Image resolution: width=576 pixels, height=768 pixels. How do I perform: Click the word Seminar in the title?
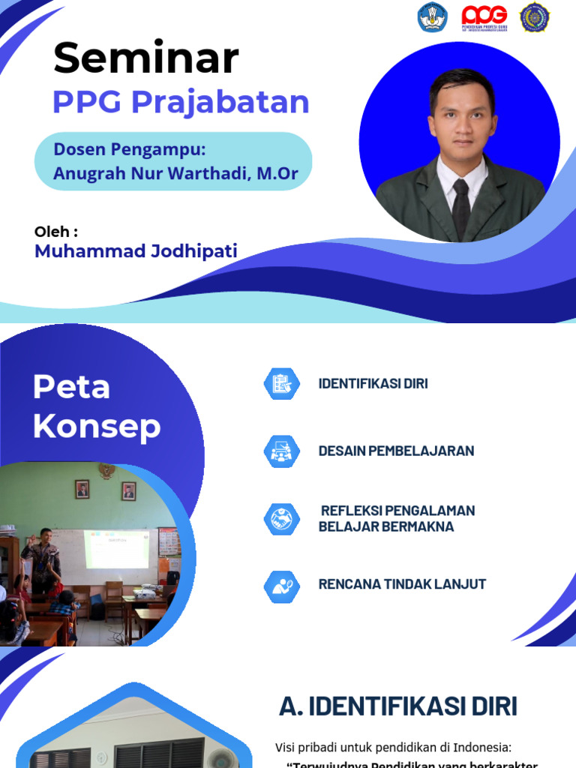146,58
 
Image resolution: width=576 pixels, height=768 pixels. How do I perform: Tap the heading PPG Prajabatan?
181,102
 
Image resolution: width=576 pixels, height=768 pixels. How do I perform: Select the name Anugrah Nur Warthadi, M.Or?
176,174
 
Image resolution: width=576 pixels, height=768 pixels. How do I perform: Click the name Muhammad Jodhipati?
136,251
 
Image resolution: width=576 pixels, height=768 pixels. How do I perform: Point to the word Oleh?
56,231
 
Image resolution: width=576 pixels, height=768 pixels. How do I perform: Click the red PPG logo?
484,16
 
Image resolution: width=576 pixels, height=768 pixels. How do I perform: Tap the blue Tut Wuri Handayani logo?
433,16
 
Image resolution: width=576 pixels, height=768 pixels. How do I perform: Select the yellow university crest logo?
535,16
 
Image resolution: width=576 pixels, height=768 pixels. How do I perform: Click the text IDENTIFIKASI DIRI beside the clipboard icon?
373,384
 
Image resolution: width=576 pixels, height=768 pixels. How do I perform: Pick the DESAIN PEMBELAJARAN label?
396,451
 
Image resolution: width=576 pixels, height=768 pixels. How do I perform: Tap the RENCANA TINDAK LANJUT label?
402,584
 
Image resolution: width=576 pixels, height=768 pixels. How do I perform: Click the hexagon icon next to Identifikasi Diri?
281,384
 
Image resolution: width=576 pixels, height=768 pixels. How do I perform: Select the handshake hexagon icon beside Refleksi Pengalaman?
281,518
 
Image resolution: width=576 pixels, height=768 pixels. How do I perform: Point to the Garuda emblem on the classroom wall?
106,471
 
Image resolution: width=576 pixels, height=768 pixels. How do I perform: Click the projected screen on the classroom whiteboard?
117,548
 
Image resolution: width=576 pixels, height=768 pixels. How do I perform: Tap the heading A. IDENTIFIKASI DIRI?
397,706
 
